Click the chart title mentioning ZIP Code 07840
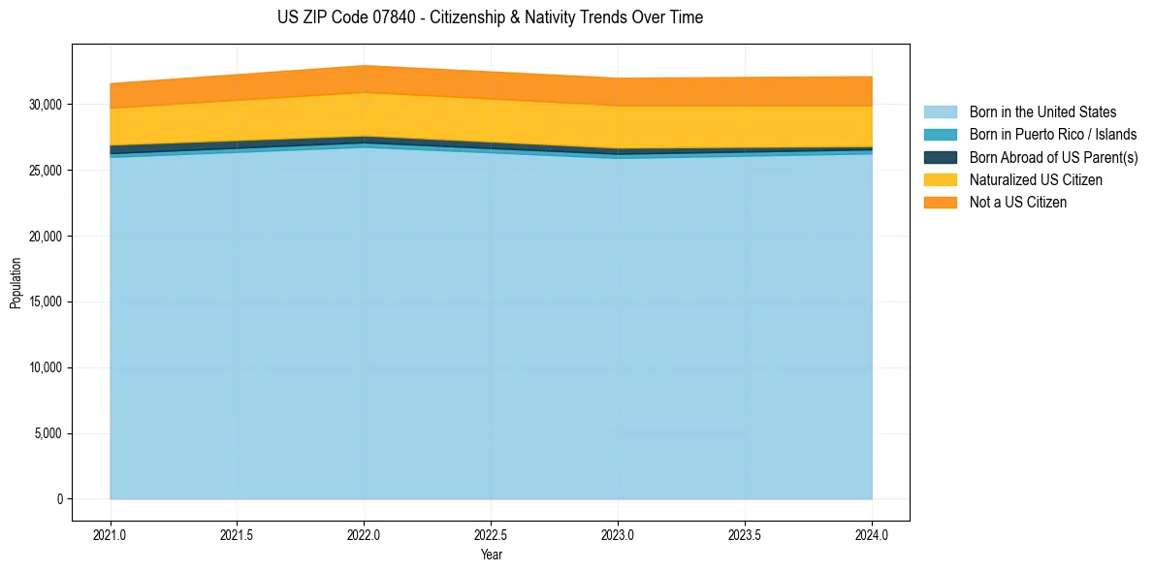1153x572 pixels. tap(490, 17)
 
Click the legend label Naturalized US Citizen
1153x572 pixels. tap(1036, 180)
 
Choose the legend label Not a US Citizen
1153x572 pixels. tap(1018, 203)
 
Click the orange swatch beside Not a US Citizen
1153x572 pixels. tap(940, 203)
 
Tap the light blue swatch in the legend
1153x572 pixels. tap(940, 112)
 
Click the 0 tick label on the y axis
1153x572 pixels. tap(59, 499)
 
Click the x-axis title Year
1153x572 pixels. tap(491, 555)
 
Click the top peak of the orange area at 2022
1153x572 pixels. tap(364, 66)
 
